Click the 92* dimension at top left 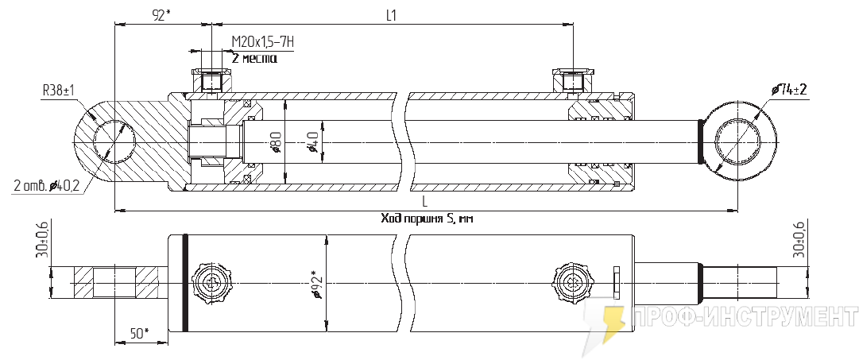coord(161,16)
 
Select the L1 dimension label coord(391,16)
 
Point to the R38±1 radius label coord(58,91)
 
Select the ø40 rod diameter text coord(313,143)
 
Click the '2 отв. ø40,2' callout coord(47,186)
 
